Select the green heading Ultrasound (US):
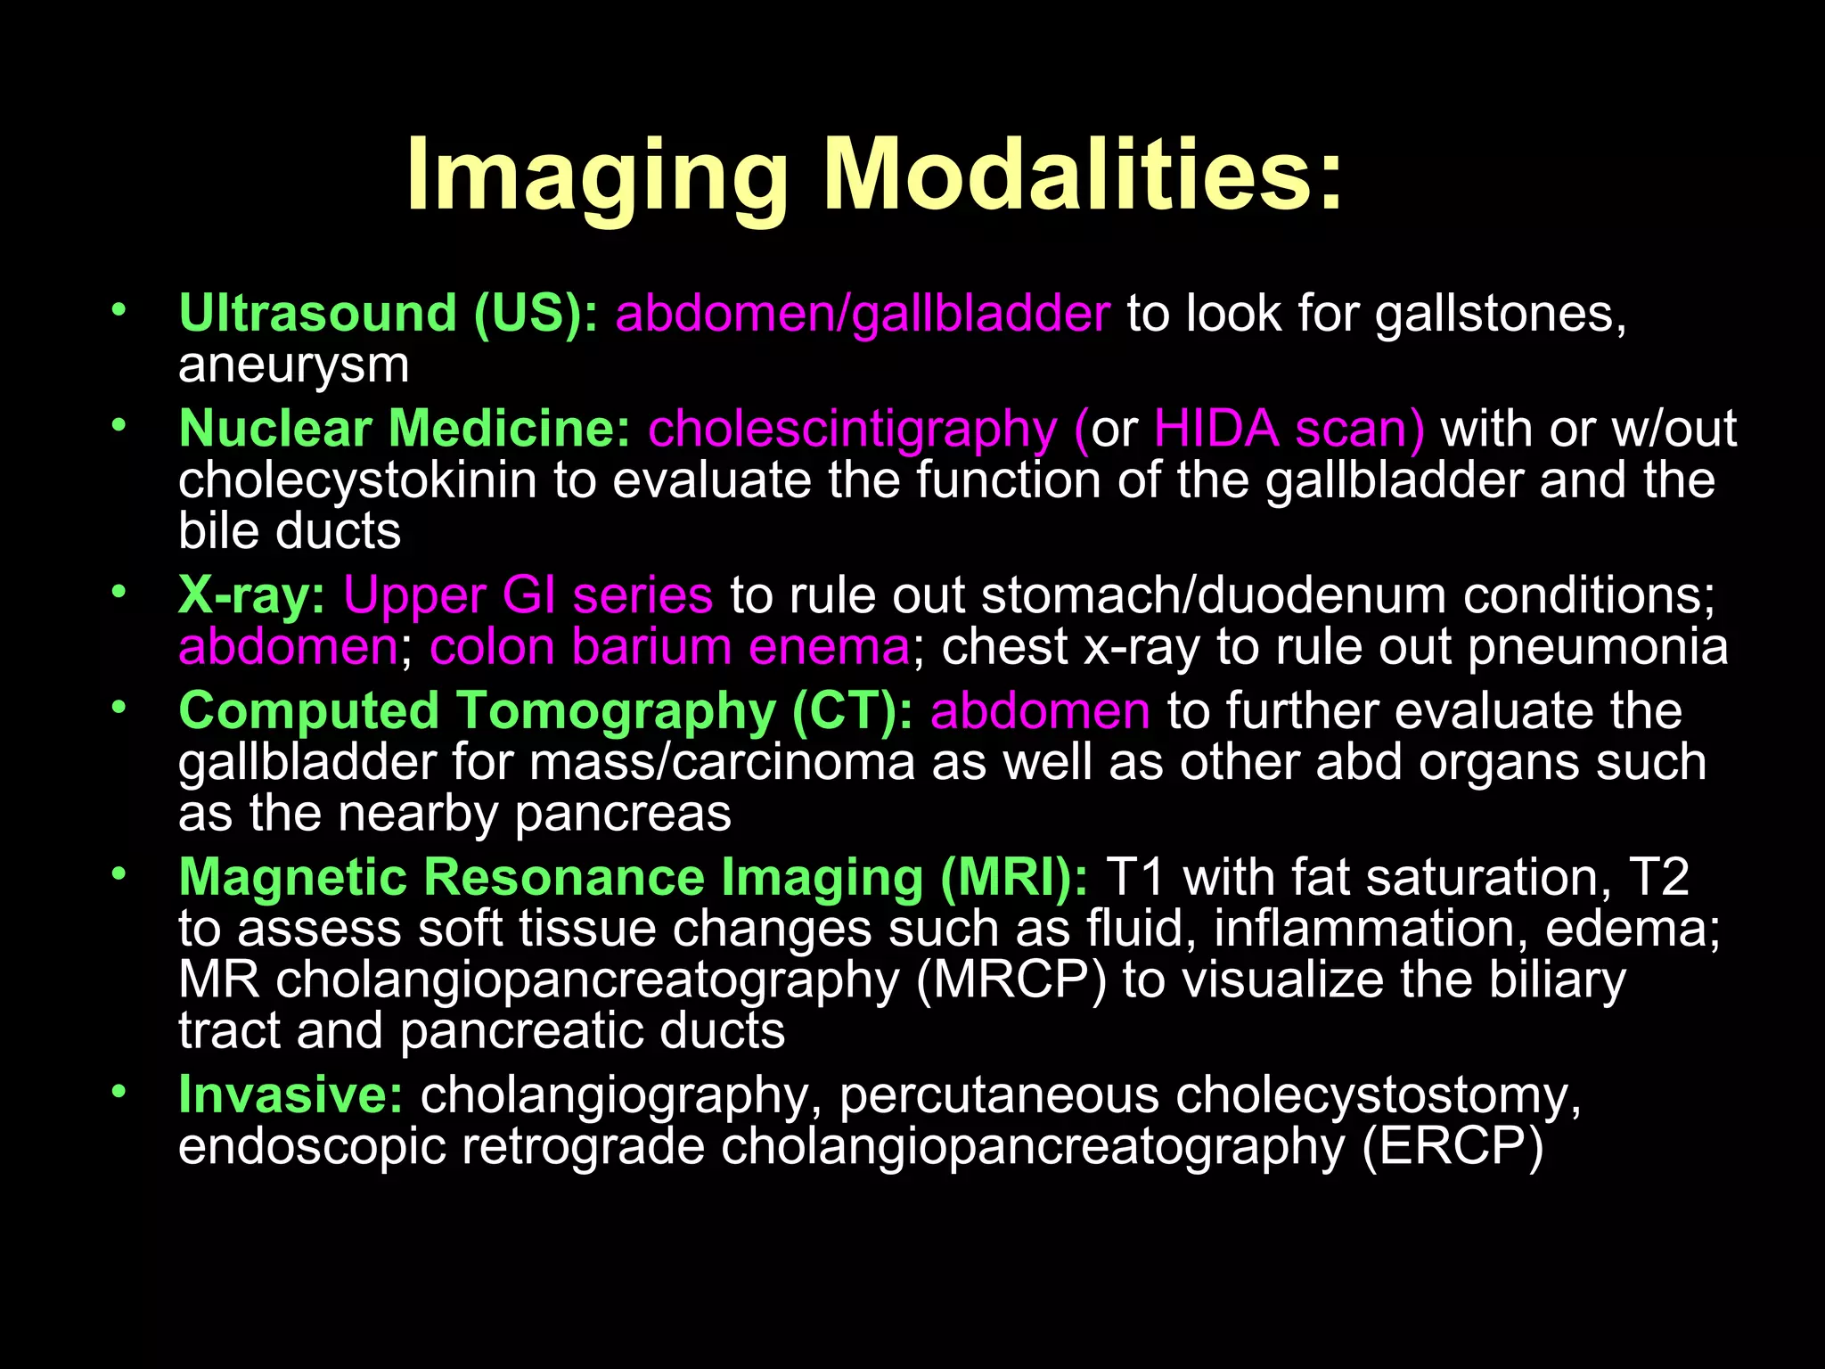389,314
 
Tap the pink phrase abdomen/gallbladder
863,314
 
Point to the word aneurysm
294,365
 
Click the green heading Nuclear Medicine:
405,429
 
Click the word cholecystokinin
357,480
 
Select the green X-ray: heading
252,595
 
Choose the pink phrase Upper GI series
528,595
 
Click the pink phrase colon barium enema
669,647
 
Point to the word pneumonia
1598,647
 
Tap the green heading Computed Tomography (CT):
545,711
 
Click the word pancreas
623,814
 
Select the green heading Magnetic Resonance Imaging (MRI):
633,877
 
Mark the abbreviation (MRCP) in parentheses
1011,980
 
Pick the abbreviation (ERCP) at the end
1453,1146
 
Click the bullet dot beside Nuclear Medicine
119,426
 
